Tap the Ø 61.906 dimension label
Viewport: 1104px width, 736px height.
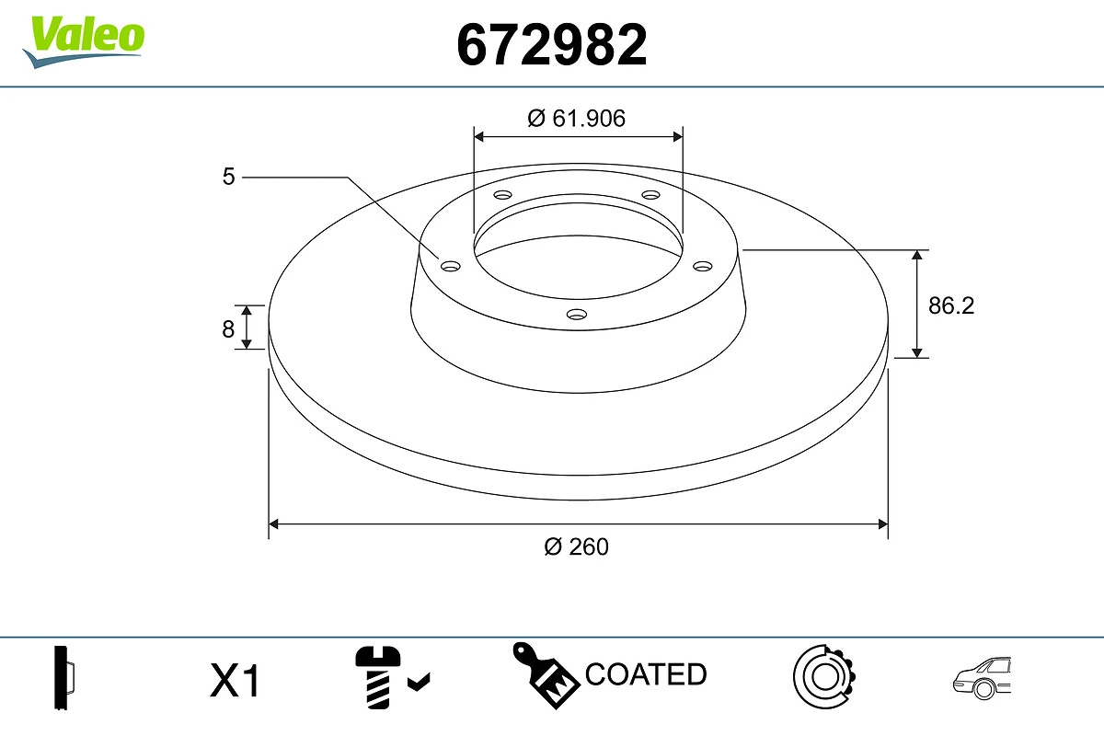(x=577, y=118)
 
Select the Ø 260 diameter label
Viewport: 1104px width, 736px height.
(x=577, y=546)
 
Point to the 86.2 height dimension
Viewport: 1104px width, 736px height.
(x=950, y=305)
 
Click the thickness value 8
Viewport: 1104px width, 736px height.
(x=228, y=328)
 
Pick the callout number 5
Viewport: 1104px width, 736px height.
(x=228, y=177)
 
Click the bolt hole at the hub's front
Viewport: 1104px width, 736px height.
(x=577, y=315)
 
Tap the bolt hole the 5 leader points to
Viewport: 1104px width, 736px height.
(x=450, y=266)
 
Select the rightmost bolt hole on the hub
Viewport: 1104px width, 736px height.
(x=703, y=266)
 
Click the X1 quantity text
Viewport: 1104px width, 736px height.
(x=236, y=682)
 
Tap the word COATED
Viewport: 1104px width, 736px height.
(x=646, y=674)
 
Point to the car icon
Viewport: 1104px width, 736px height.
(x=982, y=679)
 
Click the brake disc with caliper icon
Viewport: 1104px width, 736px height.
(x=823, y=678)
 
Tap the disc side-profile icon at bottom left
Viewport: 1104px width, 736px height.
(x=63, y=679)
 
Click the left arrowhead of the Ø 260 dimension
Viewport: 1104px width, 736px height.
(x=273, y=524)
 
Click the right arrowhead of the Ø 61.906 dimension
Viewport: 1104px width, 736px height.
(x=678, y=136)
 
